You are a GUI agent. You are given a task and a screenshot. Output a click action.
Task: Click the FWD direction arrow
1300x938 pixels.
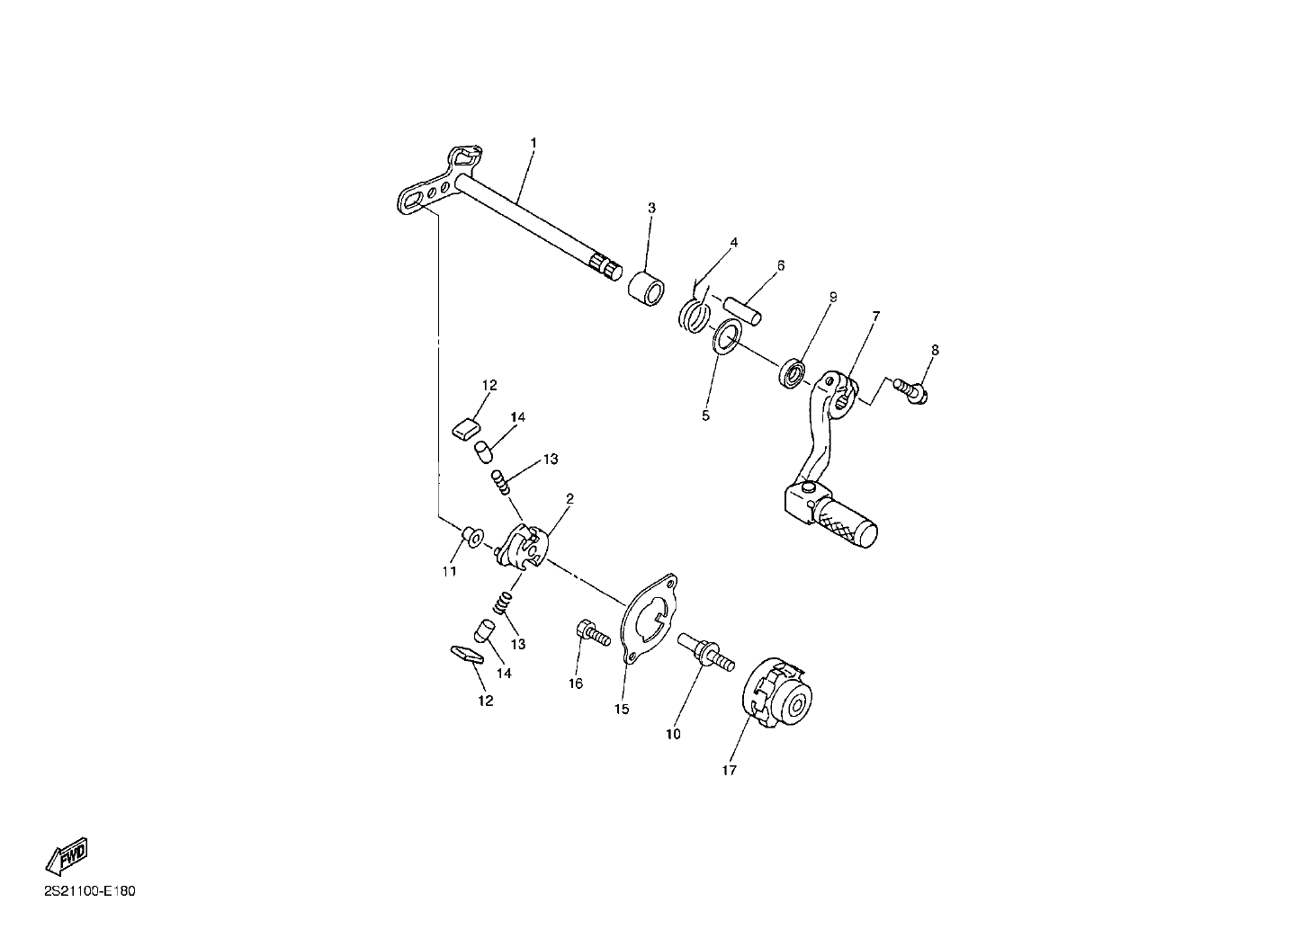click(x=67, y=856)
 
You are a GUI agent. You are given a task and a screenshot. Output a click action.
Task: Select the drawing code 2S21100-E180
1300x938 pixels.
click(x=90, y=891)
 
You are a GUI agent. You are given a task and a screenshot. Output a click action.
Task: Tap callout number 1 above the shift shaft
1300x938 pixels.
click(x=533, y=142)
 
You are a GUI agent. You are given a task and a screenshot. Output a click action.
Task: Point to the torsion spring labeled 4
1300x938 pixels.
click(x=695, y=317)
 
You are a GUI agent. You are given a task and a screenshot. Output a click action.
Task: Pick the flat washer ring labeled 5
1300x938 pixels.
click(x=726, y=335)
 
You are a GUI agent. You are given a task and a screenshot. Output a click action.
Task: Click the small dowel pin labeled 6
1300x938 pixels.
click(x=742, y=311)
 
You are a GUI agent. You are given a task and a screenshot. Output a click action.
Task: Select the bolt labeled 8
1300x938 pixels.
click(x=910, y=390)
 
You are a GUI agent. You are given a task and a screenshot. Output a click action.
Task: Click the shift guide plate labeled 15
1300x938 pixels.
click(x=650, y=619)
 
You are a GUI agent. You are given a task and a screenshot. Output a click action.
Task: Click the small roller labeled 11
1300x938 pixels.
click(x=473, y=536)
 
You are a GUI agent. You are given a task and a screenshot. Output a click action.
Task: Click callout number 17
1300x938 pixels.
click(x=729, y=770)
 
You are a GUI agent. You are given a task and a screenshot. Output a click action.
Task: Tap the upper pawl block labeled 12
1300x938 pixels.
click(x=467, y=430)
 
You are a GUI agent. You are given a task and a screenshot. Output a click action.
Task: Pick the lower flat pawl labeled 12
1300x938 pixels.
click(x=467, y=654)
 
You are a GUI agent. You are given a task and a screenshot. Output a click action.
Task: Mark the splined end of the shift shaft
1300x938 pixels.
click(x=605, y=267)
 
